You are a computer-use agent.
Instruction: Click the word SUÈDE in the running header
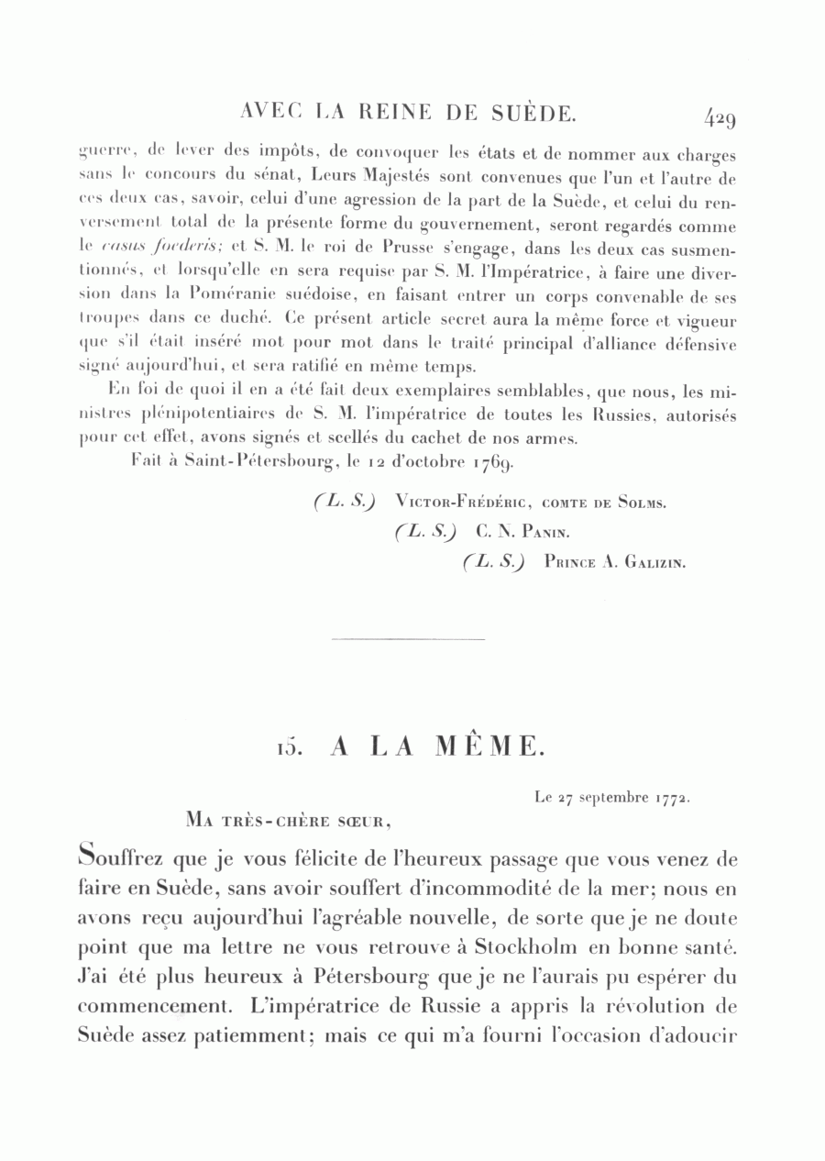[x=533, y=113]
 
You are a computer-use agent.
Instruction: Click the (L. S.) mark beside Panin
[x=427, y=531]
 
